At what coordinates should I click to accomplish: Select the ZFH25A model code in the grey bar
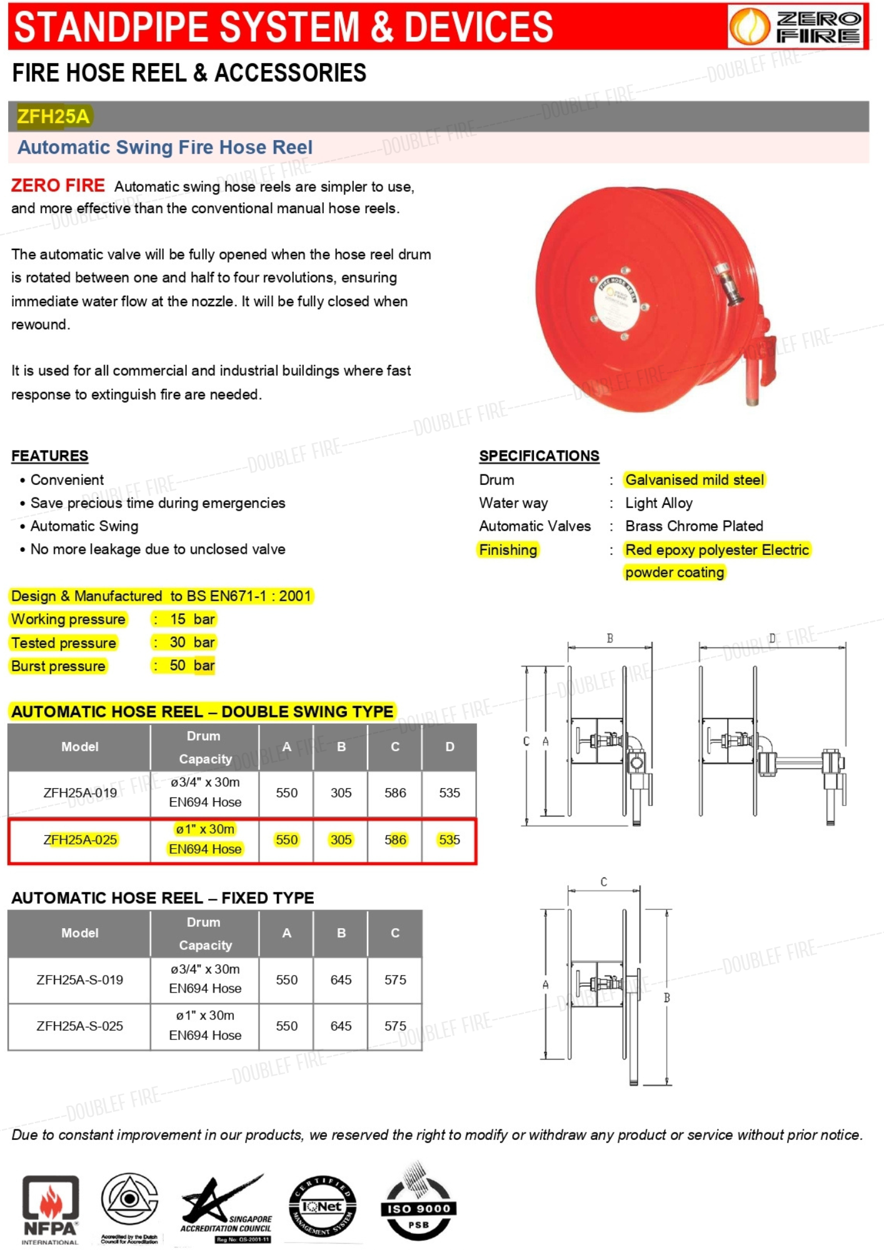point(54,116)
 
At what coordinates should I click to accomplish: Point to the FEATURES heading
point(50,456)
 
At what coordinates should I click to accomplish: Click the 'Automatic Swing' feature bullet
point(84,526)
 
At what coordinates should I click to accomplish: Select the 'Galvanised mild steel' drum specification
point(695,480)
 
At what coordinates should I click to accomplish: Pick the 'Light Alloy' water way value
point(659,503)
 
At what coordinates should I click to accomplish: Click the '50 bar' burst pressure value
point(192,666)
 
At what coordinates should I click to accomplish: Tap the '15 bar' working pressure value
point(193,619)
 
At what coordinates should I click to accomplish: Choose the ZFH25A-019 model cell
point(80,792)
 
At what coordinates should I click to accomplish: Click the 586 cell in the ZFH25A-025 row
point(395,840)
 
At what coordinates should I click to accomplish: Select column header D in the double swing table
point(450,747)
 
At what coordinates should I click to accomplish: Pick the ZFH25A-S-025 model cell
point(80,1026)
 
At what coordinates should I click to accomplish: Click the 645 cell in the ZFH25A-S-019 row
point(341,980)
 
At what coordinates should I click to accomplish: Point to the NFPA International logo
point(50,1209)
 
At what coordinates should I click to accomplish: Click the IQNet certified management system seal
point(323,1207)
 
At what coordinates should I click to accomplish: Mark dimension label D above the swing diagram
point(772,639)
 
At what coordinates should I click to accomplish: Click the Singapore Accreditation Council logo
point(226,1209)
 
